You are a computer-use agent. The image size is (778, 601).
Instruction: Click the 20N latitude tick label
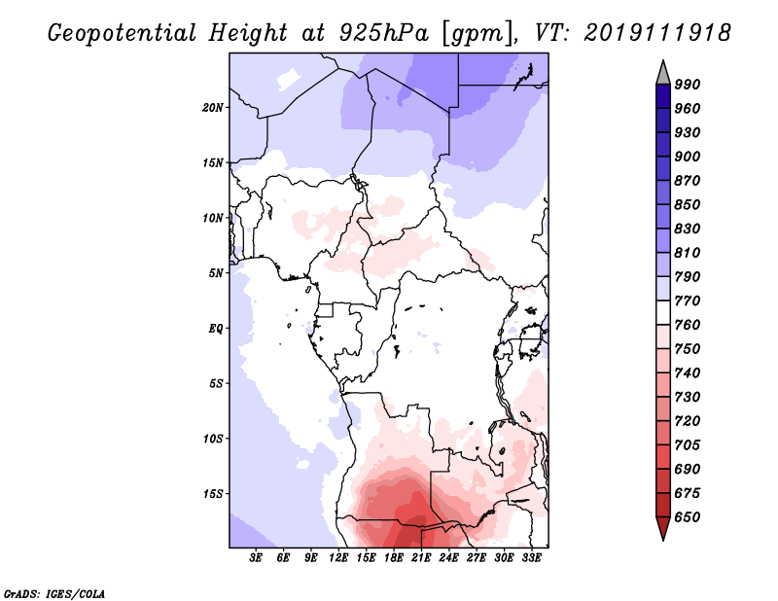click(212, 108)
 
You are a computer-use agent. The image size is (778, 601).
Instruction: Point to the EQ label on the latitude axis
click(215, 329)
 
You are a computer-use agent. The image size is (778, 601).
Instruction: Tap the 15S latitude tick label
click(212, 494)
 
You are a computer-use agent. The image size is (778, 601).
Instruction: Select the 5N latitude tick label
click(216, 273)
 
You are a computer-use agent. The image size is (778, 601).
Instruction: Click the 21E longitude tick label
click(421, 558)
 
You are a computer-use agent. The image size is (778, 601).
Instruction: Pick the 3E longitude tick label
click(256, 558)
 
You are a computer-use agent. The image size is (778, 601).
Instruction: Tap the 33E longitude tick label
click(531, 558)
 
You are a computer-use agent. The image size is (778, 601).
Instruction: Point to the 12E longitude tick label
click(338, 558)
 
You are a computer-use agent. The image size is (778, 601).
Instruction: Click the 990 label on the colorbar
click(688, 85)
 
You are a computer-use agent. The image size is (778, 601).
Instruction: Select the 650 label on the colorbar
click(688, 517)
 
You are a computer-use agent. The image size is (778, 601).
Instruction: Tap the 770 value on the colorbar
click(688, 300)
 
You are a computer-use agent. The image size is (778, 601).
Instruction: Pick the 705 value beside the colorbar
click(688, 445)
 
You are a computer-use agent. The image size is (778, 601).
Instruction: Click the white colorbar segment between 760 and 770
click(663, 313)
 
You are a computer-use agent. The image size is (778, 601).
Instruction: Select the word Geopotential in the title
click(123, 33)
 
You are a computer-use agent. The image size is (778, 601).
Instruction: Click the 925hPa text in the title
click(383, 33)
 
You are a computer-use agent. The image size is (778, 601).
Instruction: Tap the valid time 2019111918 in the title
click(657, 33)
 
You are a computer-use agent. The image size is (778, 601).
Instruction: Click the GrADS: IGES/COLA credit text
click(54, 594)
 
